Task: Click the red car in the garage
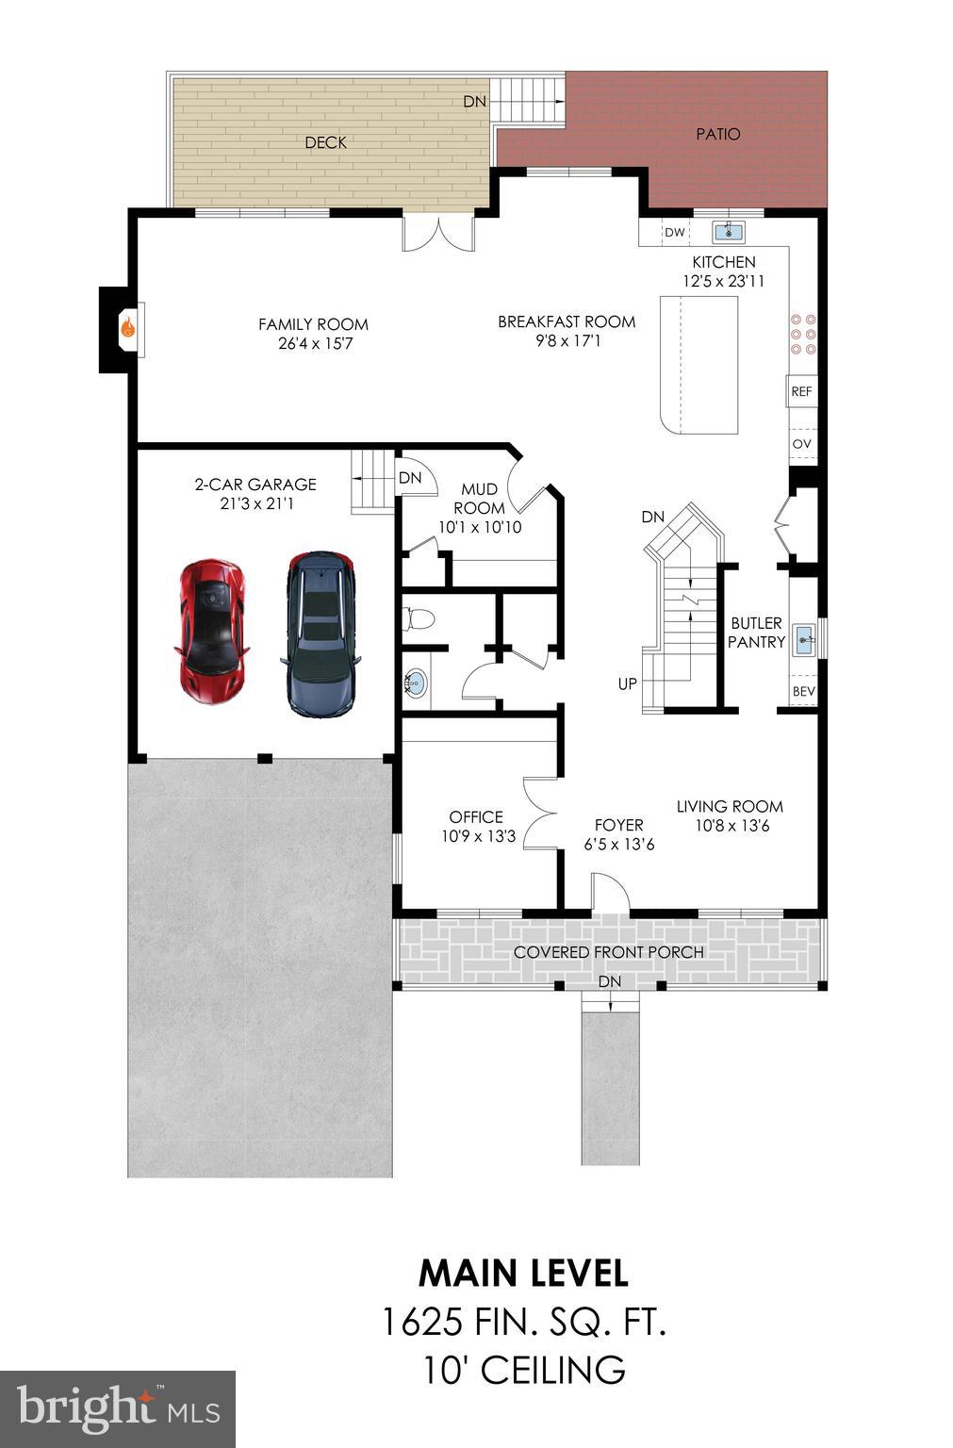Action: [211, 630]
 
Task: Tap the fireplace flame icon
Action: [127, 329]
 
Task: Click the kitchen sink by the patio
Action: [728, 231]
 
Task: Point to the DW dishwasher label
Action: [674, 233]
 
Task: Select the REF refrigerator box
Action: [801, 391]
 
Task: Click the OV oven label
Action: [801, 444]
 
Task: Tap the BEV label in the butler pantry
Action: [803, 691]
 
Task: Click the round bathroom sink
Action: [416, 683]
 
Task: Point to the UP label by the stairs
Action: [628, 683]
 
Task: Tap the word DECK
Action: [325, 142]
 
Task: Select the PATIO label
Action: [718, 134]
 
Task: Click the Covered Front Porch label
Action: [608, 952]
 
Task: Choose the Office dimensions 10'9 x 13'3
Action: [478, 836]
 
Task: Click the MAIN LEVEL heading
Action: [523, 1273]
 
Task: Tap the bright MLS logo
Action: [118, 1408]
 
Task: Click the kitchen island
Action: [698, 364]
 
